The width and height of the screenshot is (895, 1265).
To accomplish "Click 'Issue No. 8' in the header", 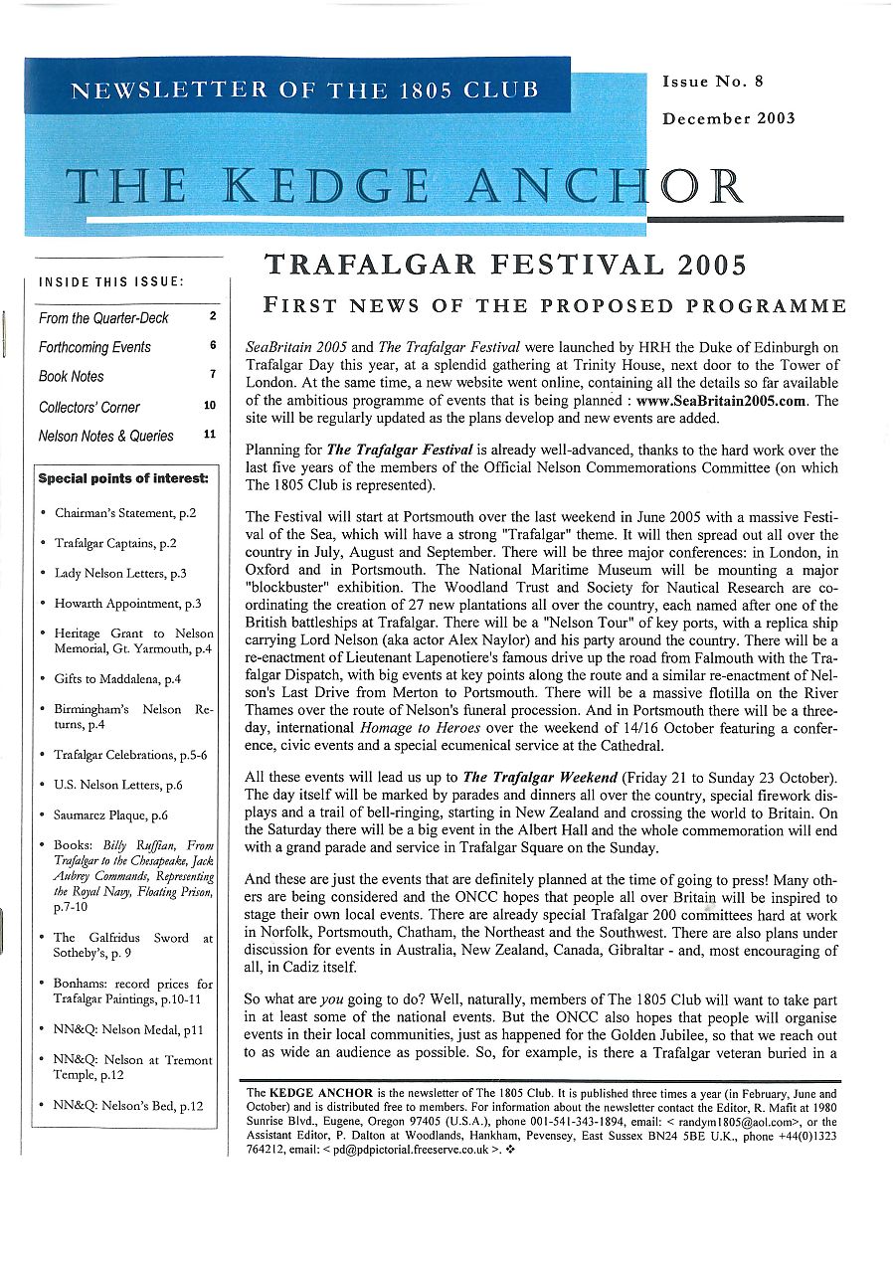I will point(712,82).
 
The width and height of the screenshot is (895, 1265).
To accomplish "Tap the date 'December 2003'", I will point(729,118).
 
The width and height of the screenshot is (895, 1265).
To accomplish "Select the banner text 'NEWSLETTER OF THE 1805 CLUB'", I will point(304,90).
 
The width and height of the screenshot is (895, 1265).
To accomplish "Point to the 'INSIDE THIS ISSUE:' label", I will point(110,282).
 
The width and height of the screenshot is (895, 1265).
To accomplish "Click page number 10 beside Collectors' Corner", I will point(209,406).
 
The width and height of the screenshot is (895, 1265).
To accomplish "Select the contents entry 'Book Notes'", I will point(71,376).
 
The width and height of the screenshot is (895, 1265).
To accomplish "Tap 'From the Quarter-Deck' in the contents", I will point(103,318).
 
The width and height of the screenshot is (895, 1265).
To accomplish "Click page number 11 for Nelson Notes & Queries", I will point(209,435).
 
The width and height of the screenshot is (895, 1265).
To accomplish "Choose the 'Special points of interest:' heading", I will point(123,478).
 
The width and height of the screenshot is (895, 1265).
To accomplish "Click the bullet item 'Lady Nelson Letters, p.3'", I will point(120,573).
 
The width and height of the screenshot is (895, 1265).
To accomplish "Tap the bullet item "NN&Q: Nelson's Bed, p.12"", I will point(127,1105).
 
